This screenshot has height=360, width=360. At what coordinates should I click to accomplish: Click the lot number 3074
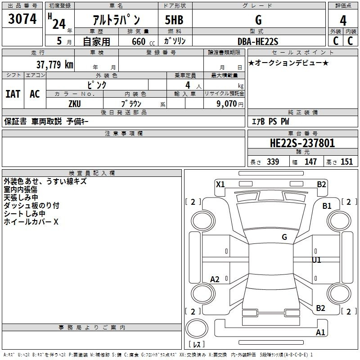[x=22, y=19]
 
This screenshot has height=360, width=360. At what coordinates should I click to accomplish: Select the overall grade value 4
[x=343, y=20]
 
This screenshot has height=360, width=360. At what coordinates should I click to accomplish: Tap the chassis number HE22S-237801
[x=302, y=144]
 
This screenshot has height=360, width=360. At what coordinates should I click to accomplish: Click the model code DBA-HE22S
[x=258, y=41]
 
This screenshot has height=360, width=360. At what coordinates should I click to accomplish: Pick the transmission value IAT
[x=13, y=94]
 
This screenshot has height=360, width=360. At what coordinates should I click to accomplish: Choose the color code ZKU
[x=74, y=103]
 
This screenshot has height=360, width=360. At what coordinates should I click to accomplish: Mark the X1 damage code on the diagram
[x=220, y=184]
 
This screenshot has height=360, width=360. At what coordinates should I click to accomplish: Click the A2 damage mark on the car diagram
[x=215, y=279]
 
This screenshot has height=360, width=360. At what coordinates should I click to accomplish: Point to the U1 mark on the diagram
[x=317, y=260]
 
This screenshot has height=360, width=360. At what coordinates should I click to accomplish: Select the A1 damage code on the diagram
[x=320, y=333]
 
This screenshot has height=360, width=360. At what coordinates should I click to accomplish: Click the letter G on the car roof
[x=284, y=237]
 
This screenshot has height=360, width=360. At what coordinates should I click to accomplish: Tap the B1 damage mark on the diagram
[x=327, y=206]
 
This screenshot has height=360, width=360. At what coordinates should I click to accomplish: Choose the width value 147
[x=310, y=162]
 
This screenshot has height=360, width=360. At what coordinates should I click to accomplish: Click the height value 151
[x=346, y=162]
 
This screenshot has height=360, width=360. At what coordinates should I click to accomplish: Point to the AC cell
[x=35, y=94]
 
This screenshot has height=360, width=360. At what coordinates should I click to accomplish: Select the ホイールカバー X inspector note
[x=31, y=222]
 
